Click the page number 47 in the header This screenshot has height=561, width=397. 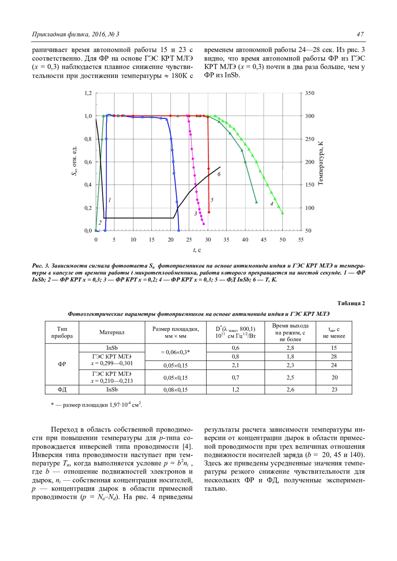pos(360,34)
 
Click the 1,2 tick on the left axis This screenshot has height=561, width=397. pos(88,93)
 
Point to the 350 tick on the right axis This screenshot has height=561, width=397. pos(310,93)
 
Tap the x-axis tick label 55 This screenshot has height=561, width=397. pos(301,240)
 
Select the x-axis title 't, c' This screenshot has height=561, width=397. pos(197,250)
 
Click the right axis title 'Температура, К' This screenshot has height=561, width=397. pos(320,163)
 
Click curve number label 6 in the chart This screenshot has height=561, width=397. pos(219,174)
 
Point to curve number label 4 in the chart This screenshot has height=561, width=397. pos(272,204)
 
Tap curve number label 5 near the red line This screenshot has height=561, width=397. pos(212,200)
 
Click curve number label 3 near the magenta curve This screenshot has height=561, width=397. pos(196,214)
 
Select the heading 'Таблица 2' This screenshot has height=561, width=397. pos(351,303)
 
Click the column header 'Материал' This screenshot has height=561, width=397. pos(112,332)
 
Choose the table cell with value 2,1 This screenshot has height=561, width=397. pos(235,365)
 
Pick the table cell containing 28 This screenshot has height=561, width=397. pos(334,356)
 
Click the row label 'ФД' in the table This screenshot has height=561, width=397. pos(62,390)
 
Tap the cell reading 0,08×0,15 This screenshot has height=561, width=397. pos(175,390)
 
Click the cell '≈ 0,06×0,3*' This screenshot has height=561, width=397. pos(175,352)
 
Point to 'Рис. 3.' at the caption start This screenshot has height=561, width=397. pos(41,266)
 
